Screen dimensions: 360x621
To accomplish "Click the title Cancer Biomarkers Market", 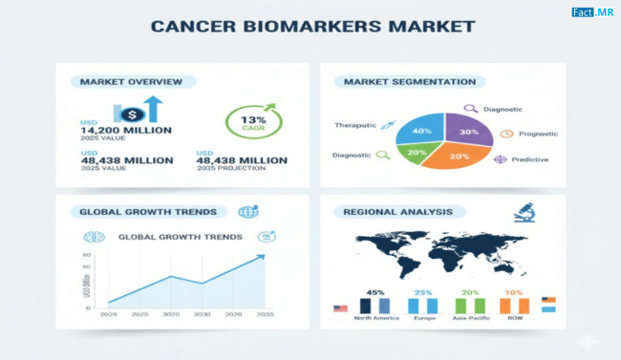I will (x=311, y=26).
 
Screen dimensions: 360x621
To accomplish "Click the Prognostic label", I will (x=539, y=134).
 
